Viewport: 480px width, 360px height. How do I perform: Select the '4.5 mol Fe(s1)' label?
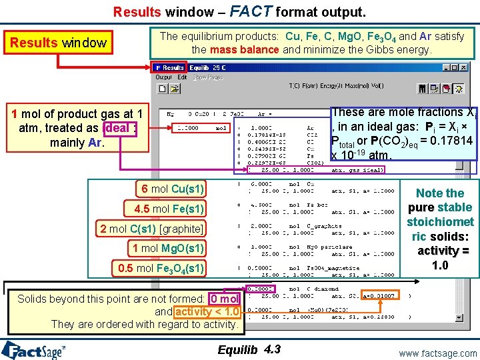coord(169,209)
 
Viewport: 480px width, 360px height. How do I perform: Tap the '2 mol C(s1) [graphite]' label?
coord(151,229)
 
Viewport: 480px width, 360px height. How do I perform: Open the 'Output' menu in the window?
coord(163,77)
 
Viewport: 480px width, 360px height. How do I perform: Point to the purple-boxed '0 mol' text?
coord(223,299)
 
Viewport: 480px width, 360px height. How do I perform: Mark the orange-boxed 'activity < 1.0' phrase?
coord(207,311)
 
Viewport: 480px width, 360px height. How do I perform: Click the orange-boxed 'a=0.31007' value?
coord(379,295)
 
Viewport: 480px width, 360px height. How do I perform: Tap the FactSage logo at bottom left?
coord(33,350)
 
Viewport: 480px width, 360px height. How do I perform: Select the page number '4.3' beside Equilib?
coord(273,349)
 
